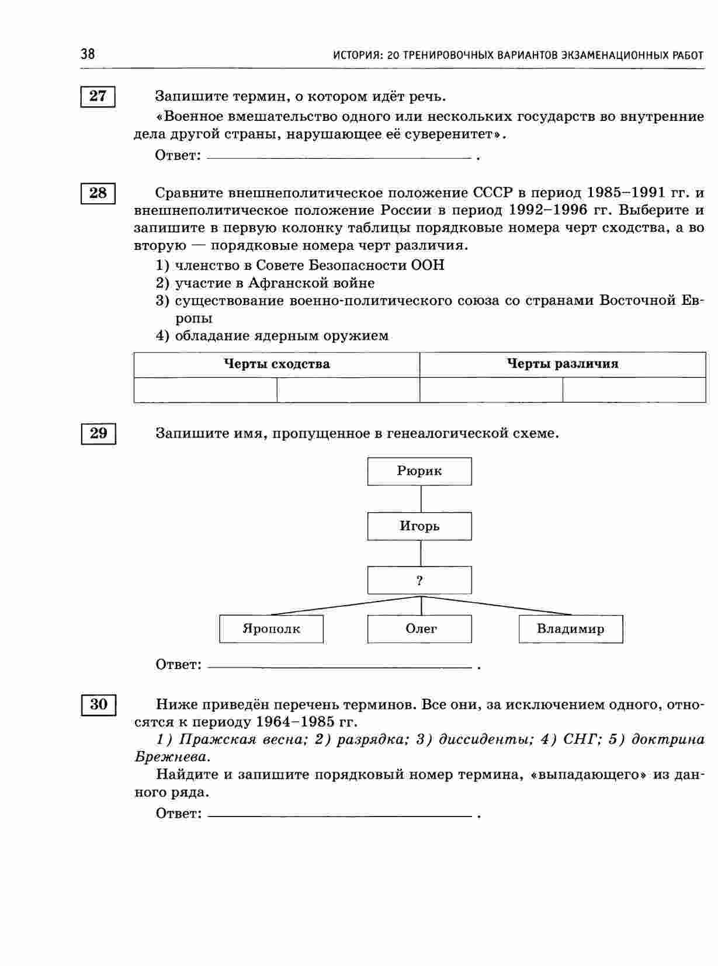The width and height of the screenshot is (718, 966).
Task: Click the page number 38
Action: point(88,54)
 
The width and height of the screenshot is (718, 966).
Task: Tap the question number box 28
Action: point(98,193)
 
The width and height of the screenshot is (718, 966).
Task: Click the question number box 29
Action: point(98,433)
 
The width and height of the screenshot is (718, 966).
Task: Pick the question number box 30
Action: point(98,704)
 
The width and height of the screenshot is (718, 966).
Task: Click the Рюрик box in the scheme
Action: point(419,471)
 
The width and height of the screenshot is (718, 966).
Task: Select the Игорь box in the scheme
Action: point(419,526)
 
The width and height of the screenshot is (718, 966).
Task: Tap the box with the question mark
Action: point(419,581)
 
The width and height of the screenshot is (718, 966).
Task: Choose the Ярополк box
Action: point(271,629)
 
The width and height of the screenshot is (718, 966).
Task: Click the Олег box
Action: point(419,629)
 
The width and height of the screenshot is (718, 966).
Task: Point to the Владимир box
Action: point(571,629)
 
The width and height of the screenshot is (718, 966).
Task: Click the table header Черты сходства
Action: point(277,364)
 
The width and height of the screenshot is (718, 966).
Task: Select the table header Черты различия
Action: point(562,364)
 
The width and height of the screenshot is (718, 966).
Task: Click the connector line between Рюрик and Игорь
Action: point(421,499)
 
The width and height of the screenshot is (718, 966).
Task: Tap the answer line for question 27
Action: point(339,158)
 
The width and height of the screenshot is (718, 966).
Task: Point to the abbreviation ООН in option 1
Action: point(428,266)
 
